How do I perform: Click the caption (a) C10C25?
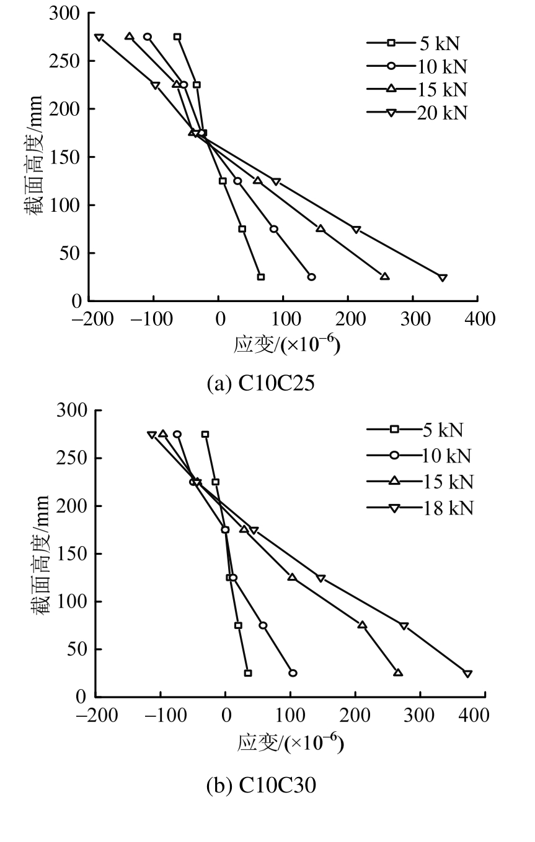261,383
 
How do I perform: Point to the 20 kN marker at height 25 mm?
443,277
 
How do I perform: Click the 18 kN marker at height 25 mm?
468,674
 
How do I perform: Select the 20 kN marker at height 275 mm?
99,37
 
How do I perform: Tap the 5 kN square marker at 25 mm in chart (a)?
261,277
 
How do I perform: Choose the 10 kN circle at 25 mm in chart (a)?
311,277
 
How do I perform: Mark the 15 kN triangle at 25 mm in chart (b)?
398,673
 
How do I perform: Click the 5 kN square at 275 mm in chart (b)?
205,435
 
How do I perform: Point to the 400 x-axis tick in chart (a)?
477,319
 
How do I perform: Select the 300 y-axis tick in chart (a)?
66,14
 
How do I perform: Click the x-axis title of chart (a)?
286,345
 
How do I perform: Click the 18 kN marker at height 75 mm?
404,626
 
